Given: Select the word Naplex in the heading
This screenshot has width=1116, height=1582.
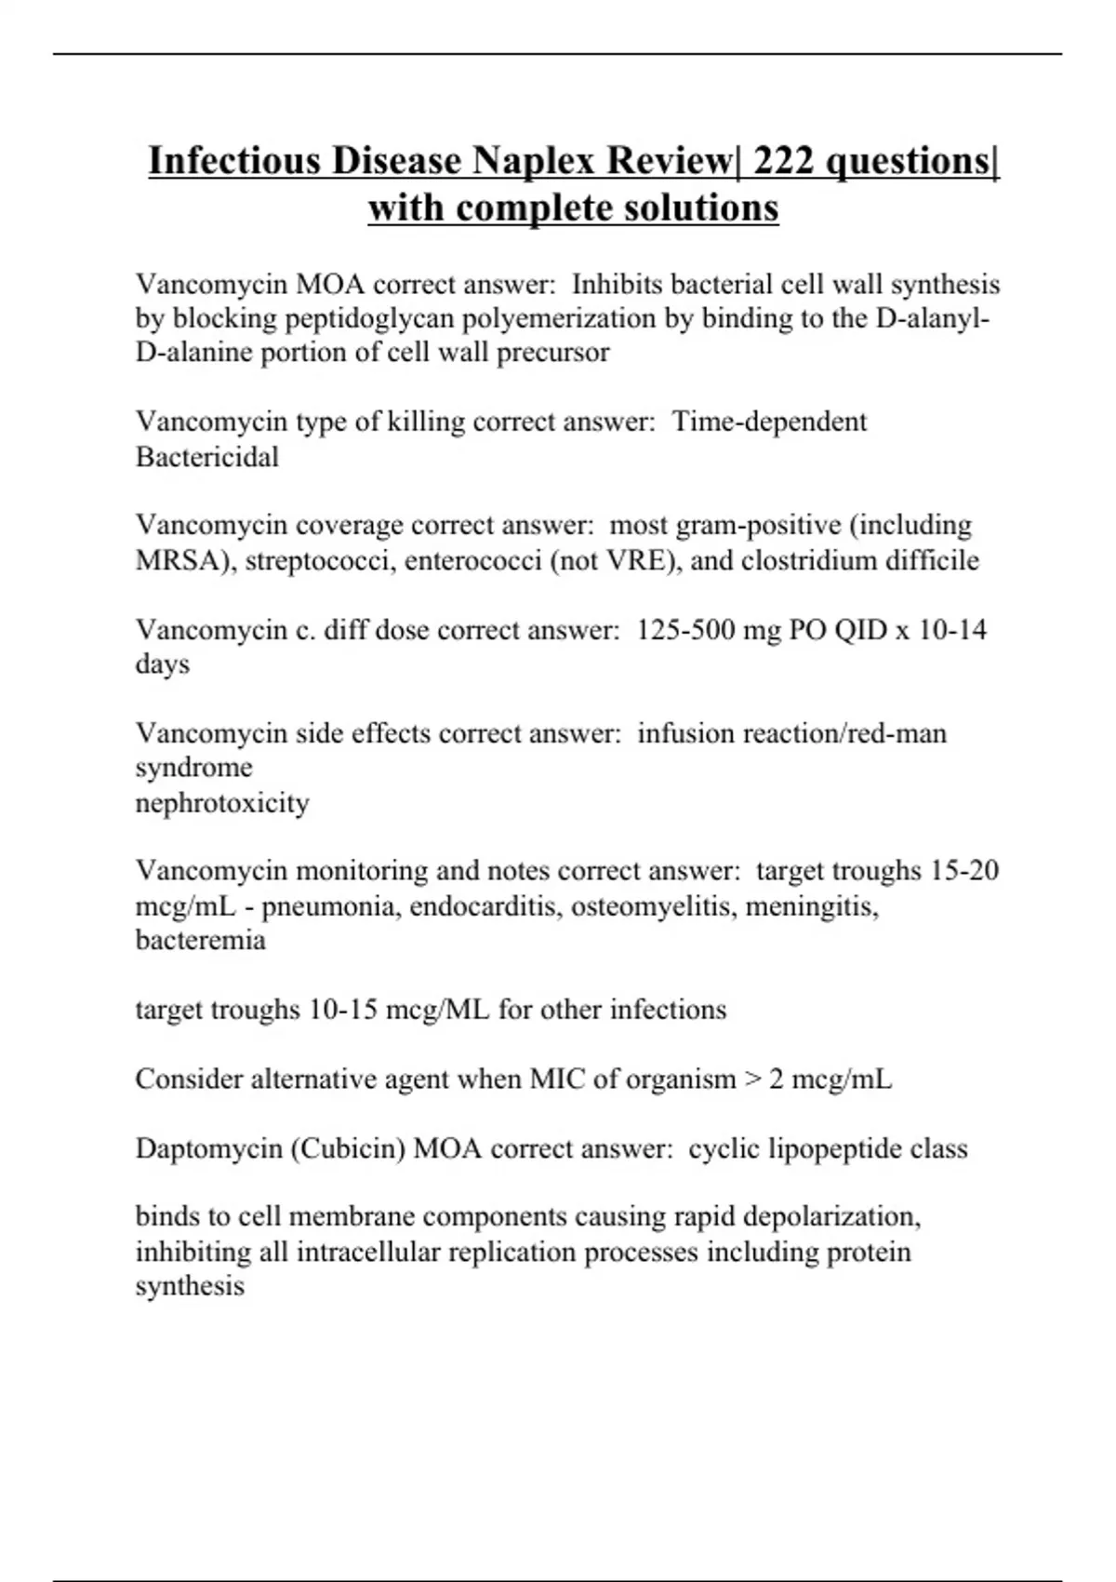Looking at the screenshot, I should click(x=534, y=161).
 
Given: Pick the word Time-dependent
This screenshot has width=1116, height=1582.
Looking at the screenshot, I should click(x=769, y=422).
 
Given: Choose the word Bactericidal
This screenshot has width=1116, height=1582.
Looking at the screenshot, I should click(x=206, y=457).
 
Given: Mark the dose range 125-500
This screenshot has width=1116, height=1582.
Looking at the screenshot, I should click(x=684, y=630).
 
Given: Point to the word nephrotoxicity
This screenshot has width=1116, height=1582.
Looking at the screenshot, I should click(x=222, y=802).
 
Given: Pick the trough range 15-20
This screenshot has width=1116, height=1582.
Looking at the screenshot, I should click(x=964, y=871).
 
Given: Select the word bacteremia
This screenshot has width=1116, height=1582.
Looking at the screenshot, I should click(x=200, y=940).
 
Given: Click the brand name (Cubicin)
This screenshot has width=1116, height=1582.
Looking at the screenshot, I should click(x=348, y=1149).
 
